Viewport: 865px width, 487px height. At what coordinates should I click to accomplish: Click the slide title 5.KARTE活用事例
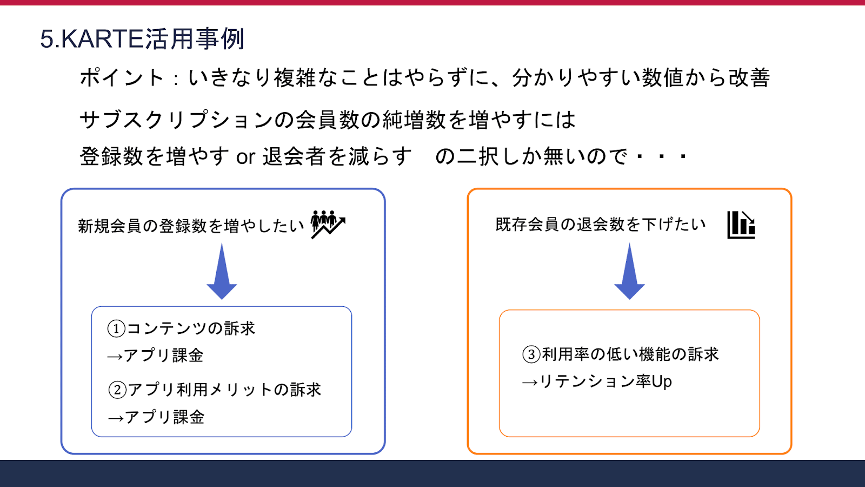tap(142, 39)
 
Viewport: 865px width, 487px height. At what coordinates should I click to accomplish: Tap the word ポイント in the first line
tap(122, 78)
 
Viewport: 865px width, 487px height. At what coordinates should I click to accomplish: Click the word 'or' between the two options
tap(245, 157)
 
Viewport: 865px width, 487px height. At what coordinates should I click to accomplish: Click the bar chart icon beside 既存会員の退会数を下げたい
tap(741, 225)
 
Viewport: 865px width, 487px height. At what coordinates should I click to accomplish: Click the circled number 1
tap(116, 328)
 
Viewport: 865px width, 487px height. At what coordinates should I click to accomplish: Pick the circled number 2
tap(117, 390)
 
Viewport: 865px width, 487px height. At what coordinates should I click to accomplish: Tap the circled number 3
tap(531, 354)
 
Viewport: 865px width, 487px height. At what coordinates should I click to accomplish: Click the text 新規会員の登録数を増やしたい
tap(191, 226)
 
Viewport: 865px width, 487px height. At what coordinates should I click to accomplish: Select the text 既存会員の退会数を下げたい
tap(601, 224)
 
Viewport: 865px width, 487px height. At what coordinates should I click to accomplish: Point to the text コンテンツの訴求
tap(191, 328)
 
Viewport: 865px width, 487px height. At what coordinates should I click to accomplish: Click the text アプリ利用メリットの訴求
tap(224, 390)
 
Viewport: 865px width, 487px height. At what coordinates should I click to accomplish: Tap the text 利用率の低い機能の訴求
tap(630, 354)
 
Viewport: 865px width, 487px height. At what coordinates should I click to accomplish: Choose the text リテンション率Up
tap(605, 381)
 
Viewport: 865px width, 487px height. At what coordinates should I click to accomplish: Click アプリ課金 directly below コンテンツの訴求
tap(163, 356)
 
